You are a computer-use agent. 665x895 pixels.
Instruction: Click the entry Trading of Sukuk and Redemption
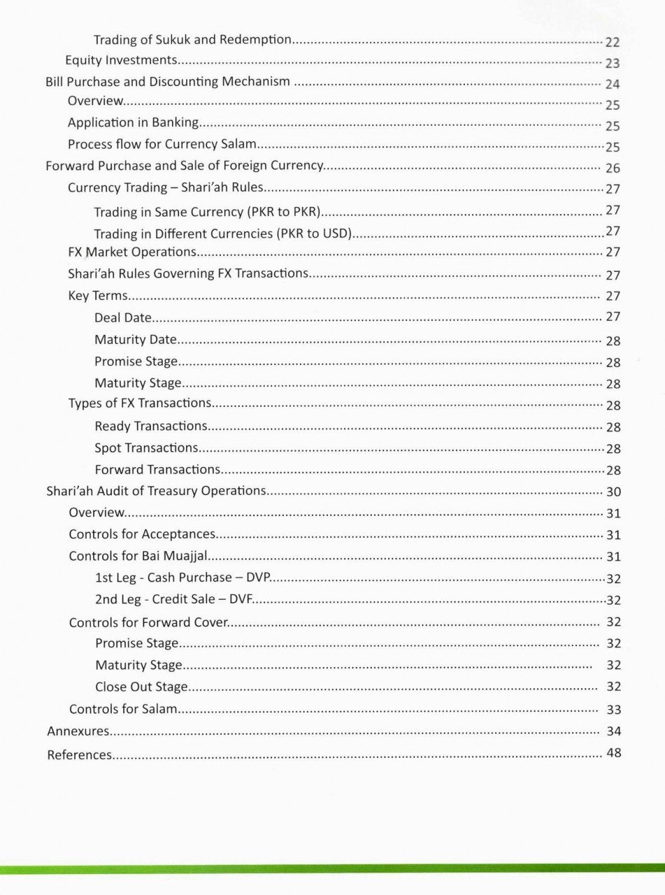pos(192,40)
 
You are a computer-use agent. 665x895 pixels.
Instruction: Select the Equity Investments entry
pos(121,61)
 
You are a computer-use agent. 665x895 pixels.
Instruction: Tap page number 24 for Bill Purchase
pos(613,85)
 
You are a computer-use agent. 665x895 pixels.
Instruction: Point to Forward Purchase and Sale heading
pos(184,166)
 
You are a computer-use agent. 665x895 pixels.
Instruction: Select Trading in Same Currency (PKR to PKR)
pos(207,211)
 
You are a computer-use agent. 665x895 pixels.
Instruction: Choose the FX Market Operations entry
pos(132,252)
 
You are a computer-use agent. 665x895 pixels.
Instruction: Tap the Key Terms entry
pos(97,296)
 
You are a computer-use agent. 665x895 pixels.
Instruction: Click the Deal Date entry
pos(123,317)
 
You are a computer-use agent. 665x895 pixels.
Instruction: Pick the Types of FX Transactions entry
pos(140,403)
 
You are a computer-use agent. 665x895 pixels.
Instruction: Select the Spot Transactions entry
pos(146,447)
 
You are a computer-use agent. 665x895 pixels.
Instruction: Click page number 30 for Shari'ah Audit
pos(613,492)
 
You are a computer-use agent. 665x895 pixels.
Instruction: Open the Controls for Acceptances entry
pos(142,534)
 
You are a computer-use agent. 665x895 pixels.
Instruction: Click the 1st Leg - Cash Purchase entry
pos(183,578)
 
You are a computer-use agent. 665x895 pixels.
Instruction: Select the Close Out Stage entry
pos(141,687)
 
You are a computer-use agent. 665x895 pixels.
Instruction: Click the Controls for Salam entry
pos(122,709)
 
